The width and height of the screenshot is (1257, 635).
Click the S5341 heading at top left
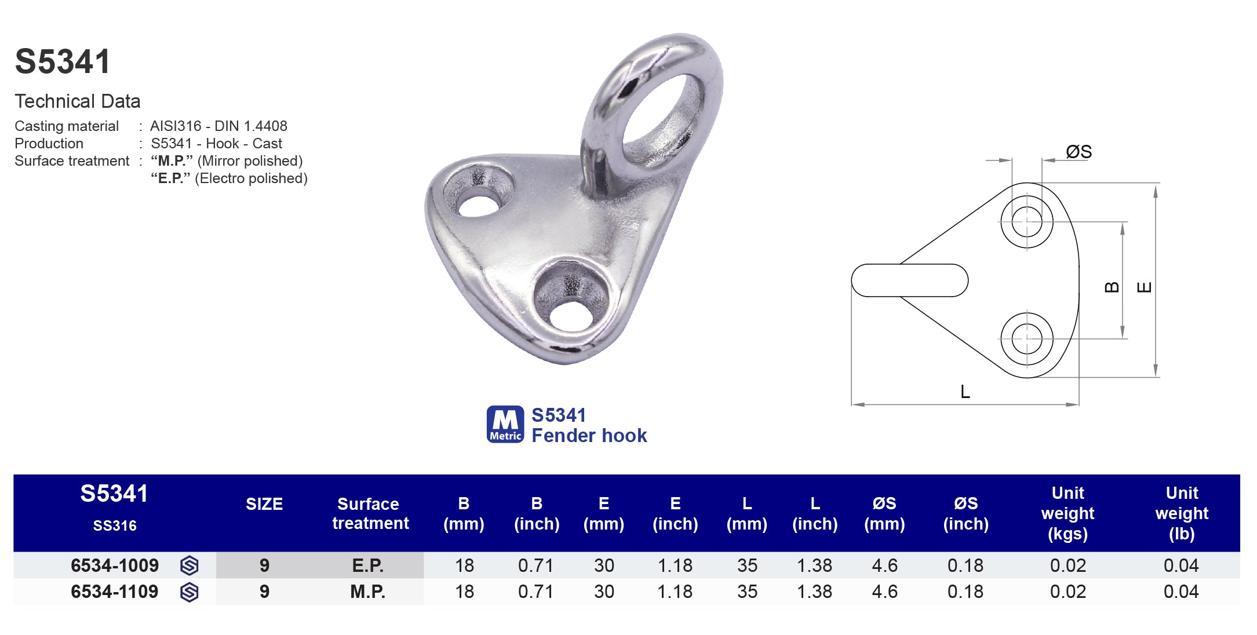click(x=63, y=61)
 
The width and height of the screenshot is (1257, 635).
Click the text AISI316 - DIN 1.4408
click(x=218, y=126)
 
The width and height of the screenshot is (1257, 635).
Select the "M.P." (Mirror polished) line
click(x=227, y=160)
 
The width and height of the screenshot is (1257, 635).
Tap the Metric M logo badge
click(x=505, y=424)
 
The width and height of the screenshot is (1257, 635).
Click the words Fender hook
click(x=589, y=435)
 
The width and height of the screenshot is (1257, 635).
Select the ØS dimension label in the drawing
click(x=1079, y=152)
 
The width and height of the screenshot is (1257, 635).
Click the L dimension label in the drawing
click(x=965, y=392)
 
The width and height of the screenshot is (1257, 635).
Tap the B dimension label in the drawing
click(x=1112, y=287)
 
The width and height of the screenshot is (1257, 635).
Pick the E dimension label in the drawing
click(x=1144, y=287)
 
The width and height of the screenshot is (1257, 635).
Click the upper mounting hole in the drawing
click(x=1026, y=221)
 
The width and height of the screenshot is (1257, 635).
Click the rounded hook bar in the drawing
click(x=909, y=280)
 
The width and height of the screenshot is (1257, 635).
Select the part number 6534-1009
click(x=114, y=565)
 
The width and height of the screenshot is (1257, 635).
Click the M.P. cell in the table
click(x=367, y=592)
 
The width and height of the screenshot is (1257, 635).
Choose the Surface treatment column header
click(x=370, y=513)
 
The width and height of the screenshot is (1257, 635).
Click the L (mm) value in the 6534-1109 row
click(x=747, y=592)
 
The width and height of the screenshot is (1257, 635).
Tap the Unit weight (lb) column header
click(x=1181, y=513)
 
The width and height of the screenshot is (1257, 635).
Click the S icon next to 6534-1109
click(x=190, y=592)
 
